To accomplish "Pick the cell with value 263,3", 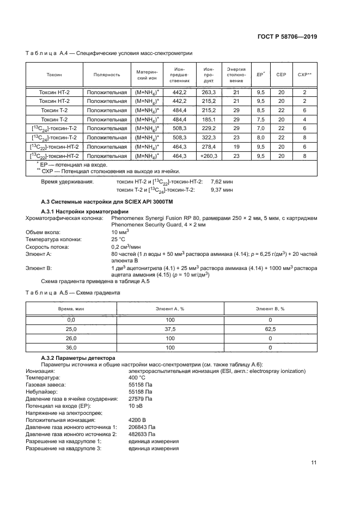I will click(209, 93).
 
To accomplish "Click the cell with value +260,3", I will click(208, 156).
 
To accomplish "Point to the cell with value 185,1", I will click(209, 119).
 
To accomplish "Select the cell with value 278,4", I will click(209, 146).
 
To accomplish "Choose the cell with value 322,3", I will click(209, 138).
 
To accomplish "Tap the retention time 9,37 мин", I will click(222, 190).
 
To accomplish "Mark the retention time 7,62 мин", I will click(222, 181).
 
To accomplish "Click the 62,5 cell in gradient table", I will click(270, 329).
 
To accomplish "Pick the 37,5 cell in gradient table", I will click(170, 329).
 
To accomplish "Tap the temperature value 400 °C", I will click(137, 377).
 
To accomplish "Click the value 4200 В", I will click(137, 420).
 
